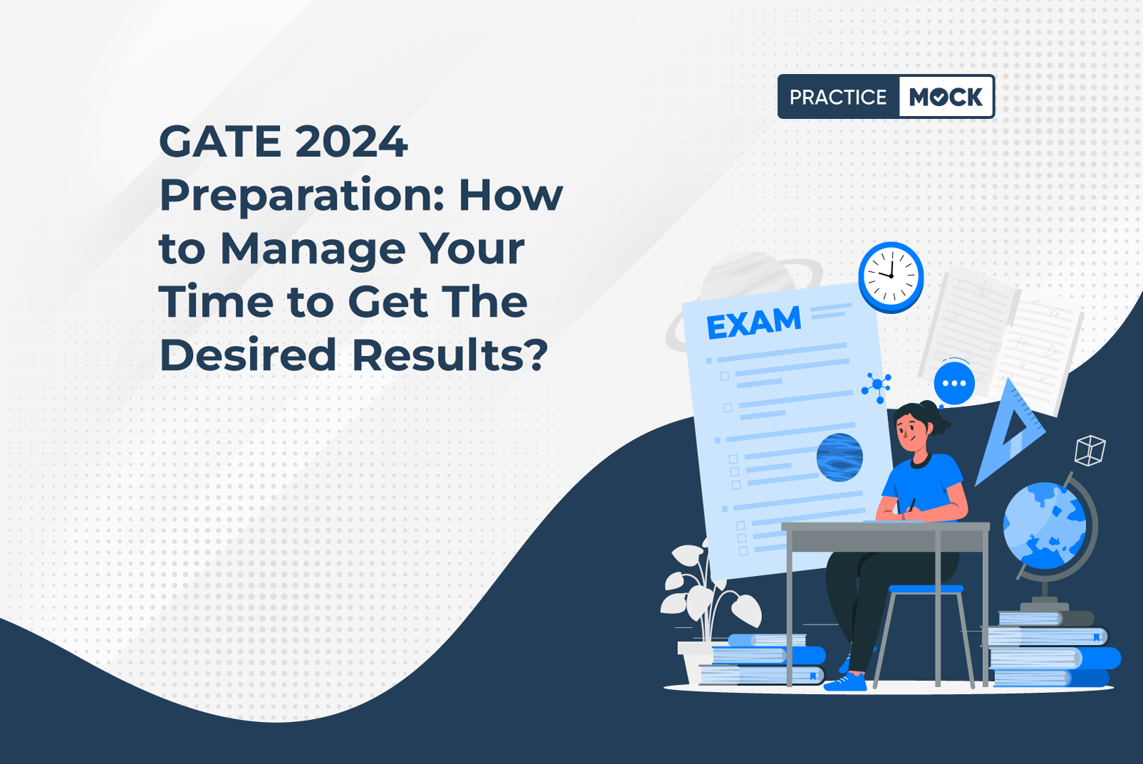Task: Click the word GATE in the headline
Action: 220,141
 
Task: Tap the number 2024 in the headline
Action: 352,141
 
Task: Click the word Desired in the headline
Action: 248,355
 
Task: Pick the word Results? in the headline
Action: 450,355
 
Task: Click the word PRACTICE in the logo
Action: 838,97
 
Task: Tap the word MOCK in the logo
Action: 946,97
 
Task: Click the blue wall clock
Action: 891,277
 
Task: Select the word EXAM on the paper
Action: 753,323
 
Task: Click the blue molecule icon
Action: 877,387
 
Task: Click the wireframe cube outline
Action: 1090,450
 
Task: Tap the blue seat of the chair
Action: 926,589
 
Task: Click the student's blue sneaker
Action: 845,682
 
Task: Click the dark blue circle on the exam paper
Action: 840,458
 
